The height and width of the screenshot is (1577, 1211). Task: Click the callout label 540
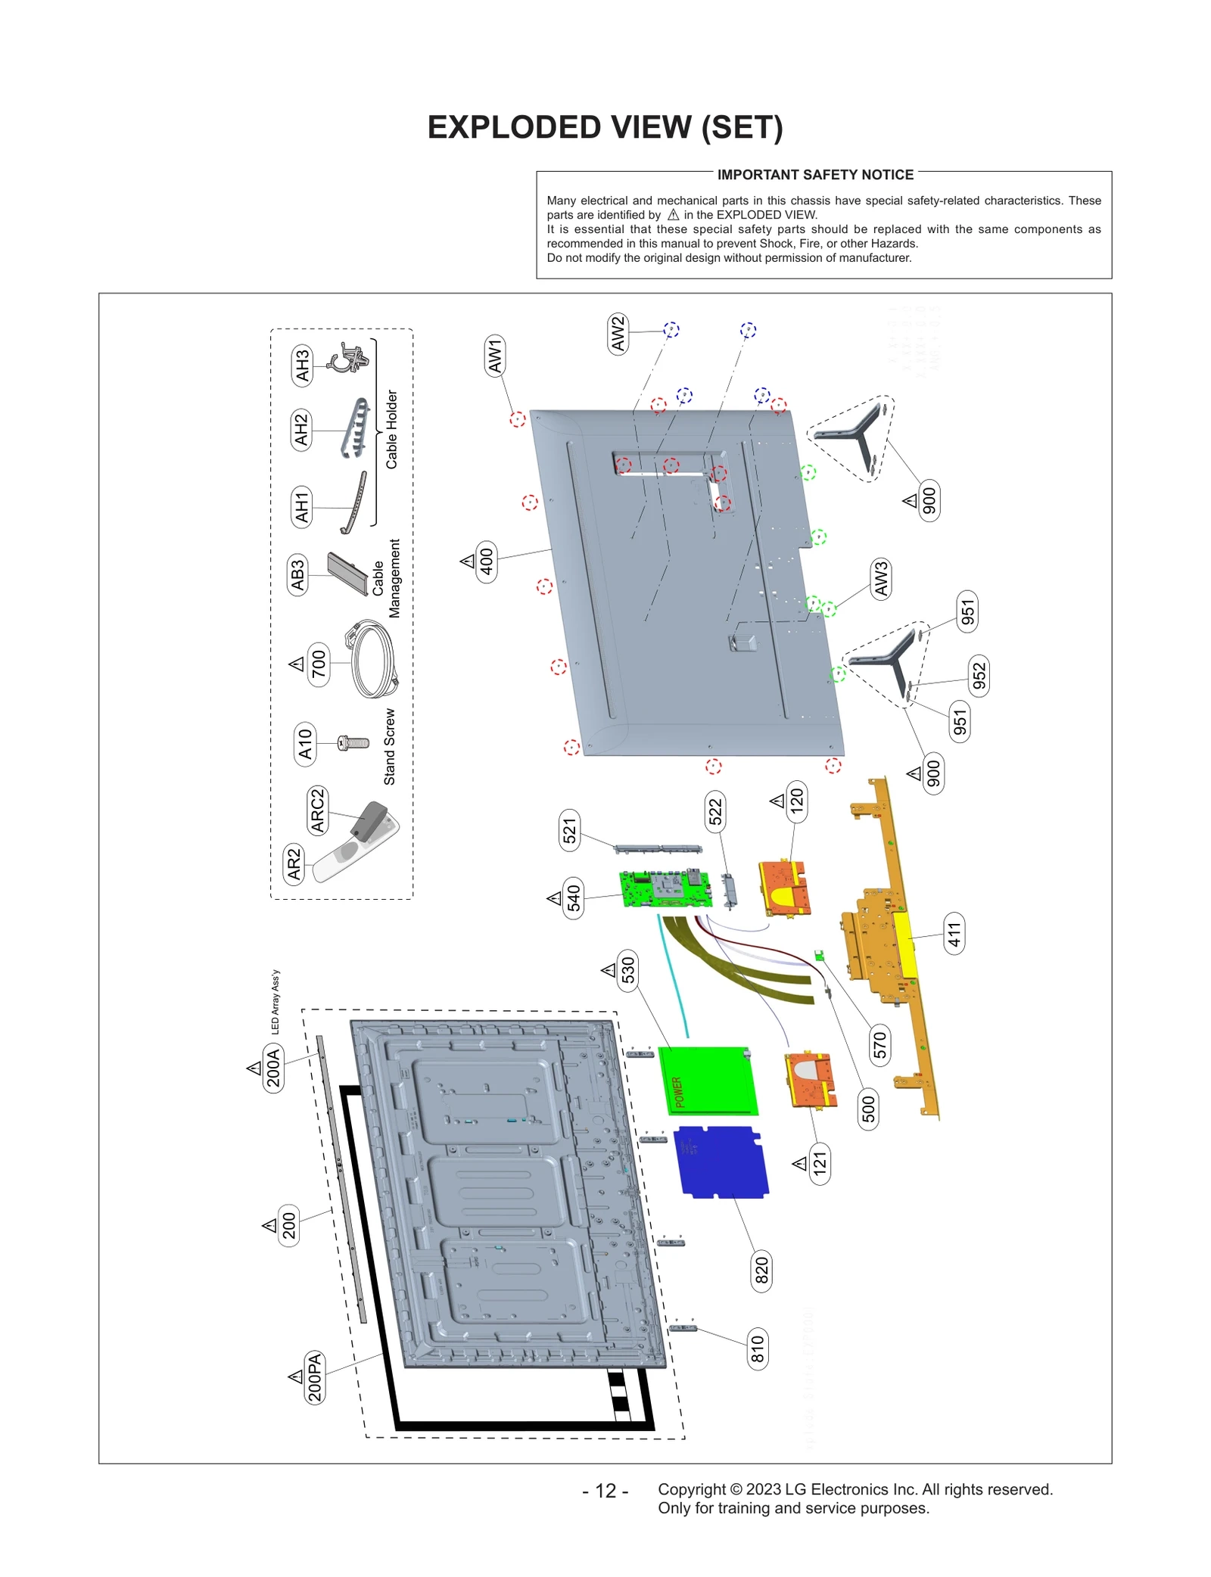(574, 898)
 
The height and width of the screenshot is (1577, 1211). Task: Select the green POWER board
(708, 1081)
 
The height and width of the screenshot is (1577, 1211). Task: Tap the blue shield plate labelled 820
(721, 1162)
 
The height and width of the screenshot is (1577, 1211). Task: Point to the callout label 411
(954, 934)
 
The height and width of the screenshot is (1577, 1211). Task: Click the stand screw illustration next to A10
(353, 743)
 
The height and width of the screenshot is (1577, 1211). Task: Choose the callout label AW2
(618, 334)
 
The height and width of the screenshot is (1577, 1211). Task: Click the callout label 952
(979, 677)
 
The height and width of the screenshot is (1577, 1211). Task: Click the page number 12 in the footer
(605, 1491)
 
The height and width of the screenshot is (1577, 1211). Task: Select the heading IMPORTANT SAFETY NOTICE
(814, 175)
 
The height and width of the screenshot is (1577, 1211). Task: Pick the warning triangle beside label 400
(468, 561)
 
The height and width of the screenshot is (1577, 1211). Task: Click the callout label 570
(879, 1045)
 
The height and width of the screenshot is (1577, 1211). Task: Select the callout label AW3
(880, 579)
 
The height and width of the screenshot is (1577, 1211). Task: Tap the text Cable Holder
(391, 429)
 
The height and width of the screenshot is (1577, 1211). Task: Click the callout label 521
(569, 830)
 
